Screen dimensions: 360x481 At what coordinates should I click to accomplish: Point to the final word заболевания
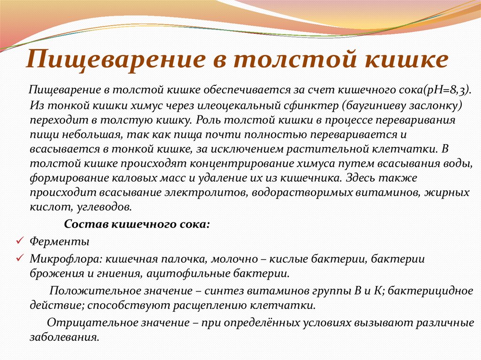[64, 337]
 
